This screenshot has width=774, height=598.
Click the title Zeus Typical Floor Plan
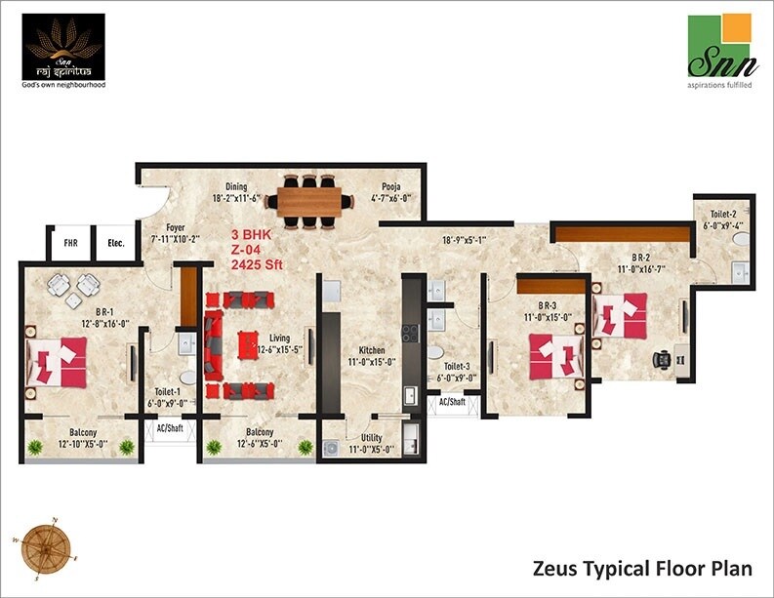click(643, 567)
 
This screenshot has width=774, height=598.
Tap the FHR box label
click(71, 244)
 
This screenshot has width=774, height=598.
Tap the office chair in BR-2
click(665, 359)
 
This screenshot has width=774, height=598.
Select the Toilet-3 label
click(453, 367)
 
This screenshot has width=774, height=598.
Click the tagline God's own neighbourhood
click(63, 85)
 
